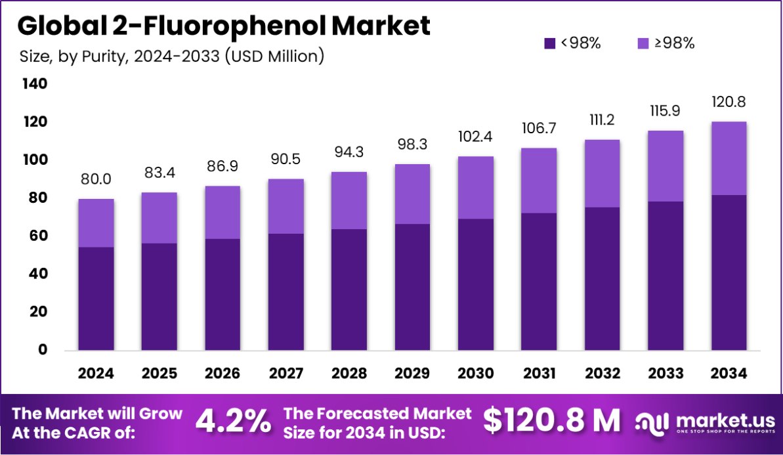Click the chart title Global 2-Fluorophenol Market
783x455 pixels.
[223, 26]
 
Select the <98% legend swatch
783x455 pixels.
[550, 44]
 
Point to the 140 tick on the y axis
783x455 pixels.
[33, 84]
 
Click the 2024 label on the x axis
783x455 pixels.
[96, 374]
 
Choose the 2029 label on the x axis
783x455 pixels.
[412, 374]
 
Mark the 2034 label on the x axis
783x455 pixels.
[729, 374]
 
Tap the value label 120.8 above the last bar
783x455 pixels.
[729, 102]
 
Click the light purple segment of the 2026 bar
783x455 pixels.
[222, 212]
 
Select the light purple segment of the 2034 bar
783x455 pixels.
[729, 158]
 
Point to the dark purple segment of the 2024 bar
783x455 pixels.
[96, 298]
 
